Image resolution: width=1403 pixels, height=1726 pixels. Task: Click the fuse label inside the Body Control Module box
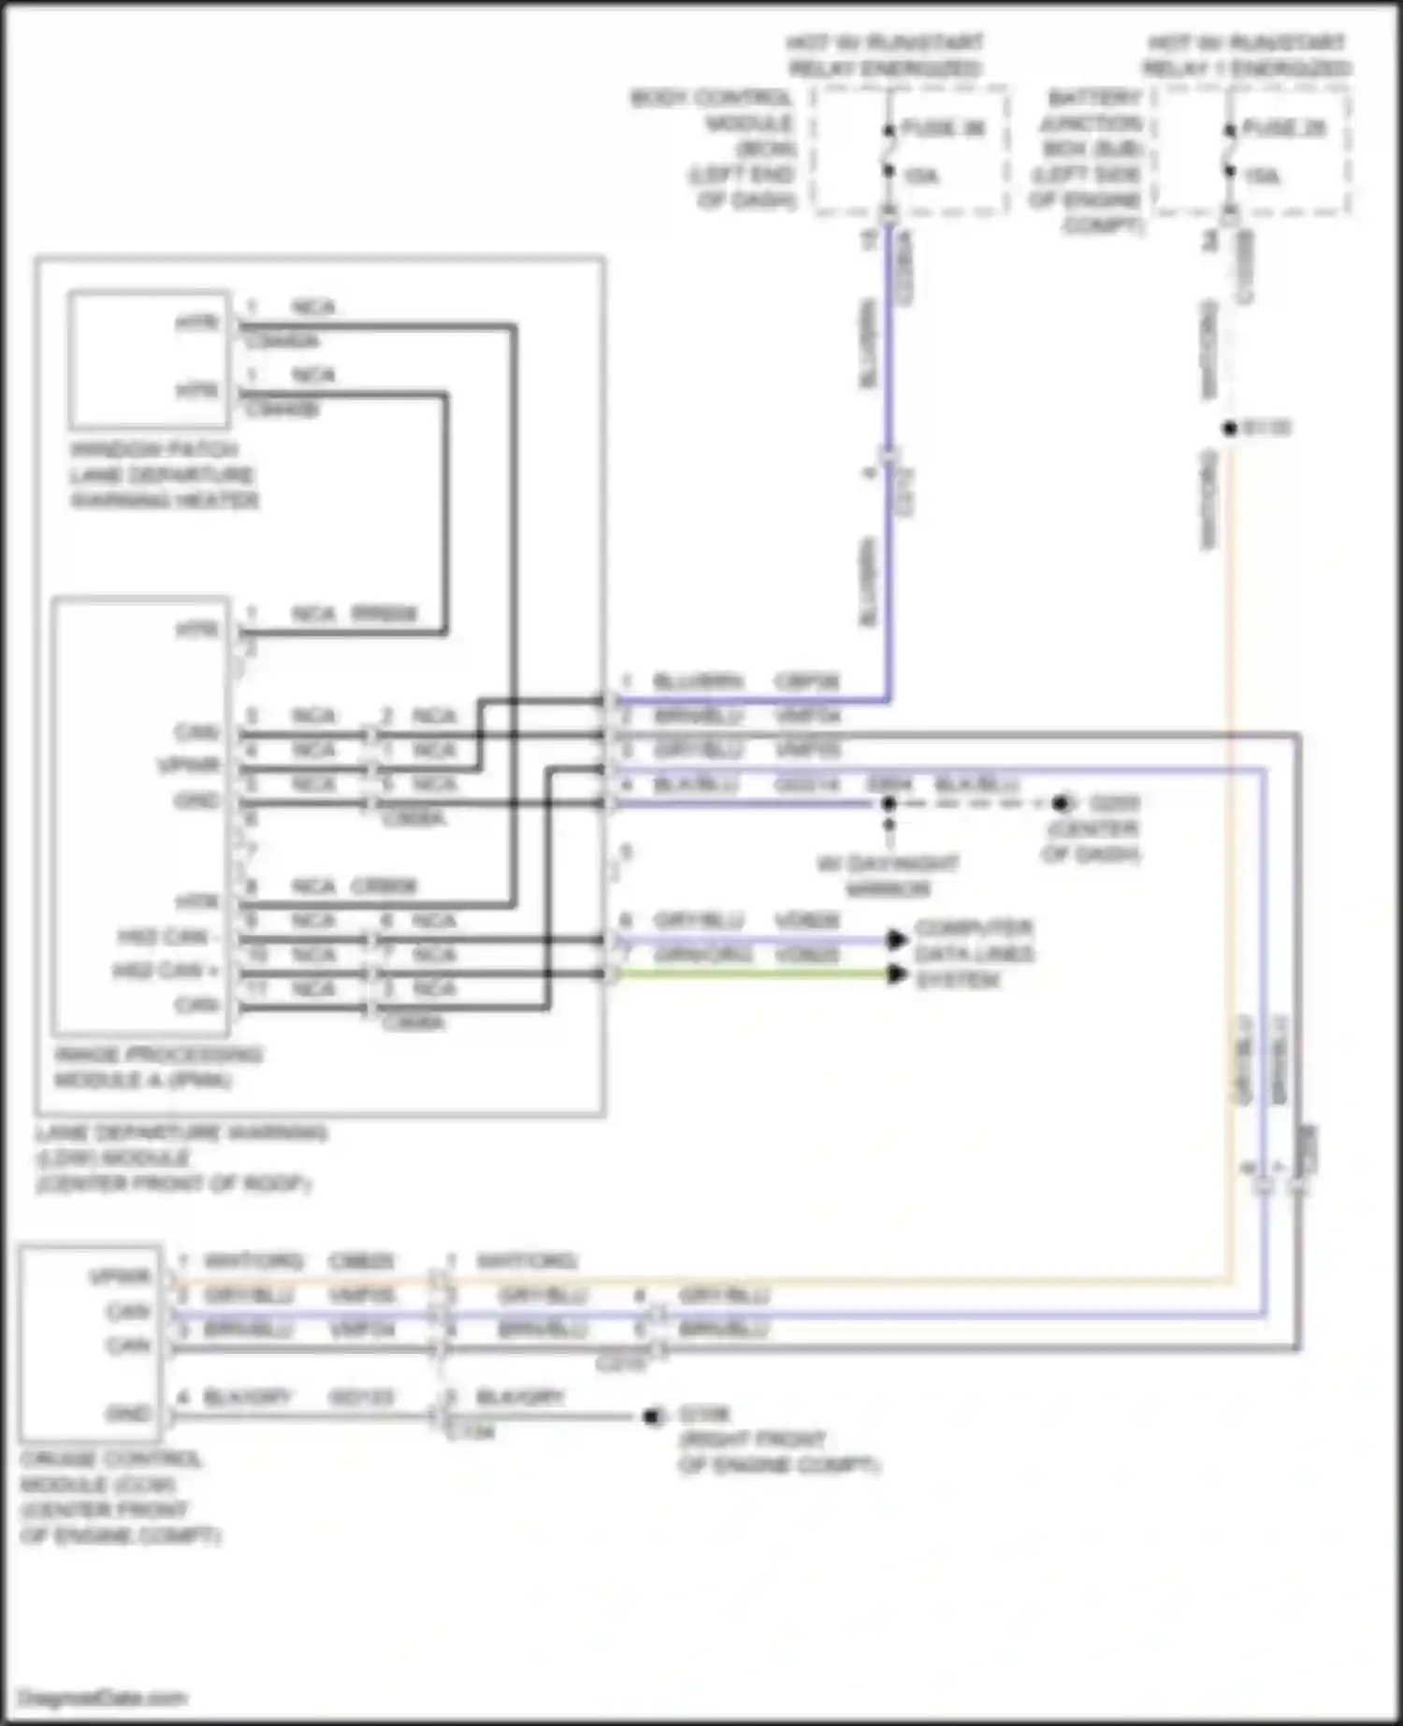[x=943, y=128]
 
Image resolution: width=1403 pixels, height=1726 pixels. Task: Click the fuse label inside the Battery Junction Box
[x=1284, y=128]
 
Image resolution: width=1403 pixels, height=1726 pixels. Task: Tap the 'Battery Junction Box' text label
[x=1090, y=161]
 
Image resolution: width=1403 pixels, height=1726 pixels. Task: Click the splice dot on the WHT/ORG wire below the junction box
[x=1230, y=428]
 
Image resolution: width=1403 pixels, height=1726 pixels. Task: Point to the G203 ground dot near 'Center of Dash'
[x=1060, y=803]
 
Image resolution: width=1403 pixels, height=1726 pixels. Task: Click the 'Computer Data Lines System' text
[x=974, y=954]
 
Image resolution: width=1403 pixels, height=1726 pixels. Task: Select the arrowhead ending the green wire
[x=897, y=974]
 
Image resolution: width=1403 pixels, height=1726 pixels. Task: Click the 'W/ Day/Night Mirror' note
[x=888, y=876]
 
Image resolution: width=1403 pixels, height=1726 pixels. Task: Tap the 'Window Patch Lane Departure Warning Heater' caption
[x=164, y=475]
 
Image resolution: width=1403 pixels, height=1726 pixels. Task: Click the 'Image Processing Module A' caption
[x=157, y=1068]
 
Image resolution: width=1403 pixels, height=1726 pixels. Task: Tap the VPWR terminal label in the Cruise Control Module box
[x=120, y=1276]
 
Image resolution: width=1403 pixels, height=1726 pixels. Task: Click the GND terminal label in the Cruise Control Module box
[x=128, y=1414]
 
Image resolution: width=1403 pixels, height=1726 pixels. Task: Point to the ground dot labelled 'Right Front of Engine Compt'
[x=653, y=1417]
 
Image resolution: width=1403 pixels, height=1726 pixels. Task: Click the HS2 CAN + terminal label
[x=166, y=971]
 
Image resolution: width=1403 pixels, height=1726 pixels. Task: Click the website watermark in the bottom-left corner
[x=103, y=1697]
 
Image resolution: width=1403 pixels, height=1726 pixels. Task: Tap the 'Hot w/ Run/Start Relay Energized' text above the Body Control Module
[x=884, y=55]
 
